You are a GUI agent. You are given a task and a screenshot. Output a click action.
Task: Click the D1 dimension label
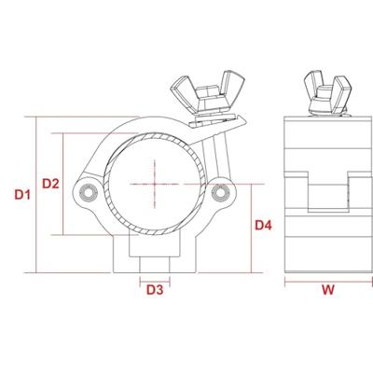pyautogui.click(x=22, y=195)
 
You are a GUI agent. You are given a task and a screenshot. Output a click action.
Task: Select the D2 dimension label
pyautogui.click(x=50, y=184)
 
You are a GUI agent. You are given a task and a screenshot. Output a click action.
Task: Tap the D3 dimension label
pyautogui.click(x=155, y=290)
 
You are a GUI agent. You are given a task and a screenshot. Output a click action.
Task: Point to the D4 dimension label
pyautogui.click(x=263, y=225)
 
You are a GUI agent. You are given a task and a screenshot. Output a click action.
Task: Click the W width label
pyautogui.click(x=328, y=290)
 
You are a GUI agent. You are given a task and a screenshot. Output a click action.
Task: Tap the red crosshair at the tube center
pyautogui.click(x=155, y=184)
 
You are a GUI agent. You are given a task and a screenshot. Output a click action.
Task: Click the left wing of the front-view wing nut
pyautogui.click(x=183, y=92)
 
